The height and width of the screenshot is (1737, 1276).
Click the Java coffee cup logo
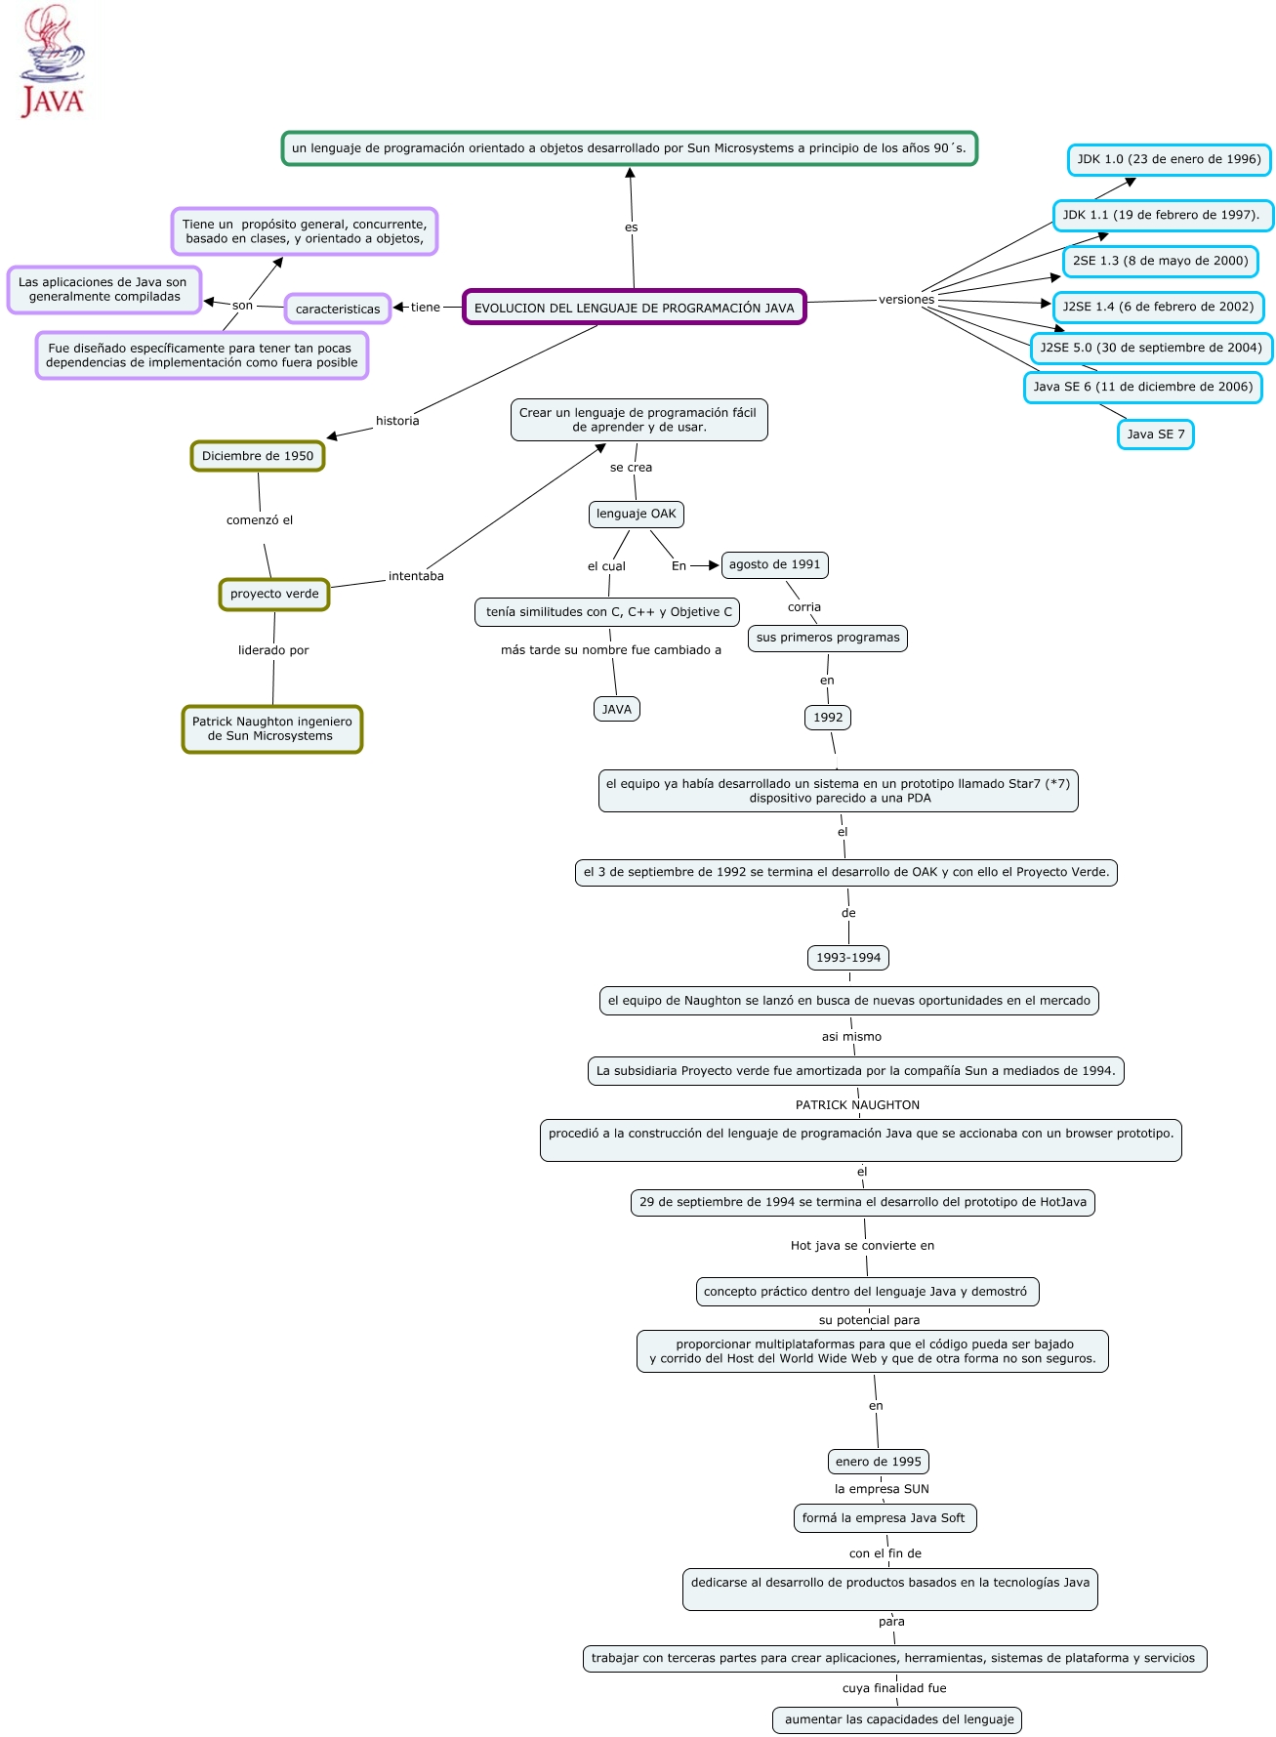(51, 60)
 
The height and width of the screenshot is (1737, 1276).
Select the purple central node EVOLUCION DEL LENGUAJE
(634, 308)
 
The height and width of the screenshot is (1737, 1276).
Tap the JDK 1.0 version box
(1169, 159)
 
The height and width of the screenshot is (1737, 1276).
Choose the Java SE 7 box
(1156, 434)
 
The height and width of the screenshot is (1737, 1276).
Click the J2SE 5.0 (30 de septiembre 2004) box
(1150, 348)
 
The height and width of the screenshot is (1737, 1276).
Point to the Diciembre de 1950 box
(258, 456)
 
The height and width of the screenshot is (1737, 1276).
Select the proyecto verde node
(274, 594)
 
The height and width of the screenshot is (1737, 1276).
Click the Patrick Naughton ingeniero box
(271, 729)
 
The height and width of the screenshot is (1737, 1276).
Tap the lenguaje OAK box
(636, 514)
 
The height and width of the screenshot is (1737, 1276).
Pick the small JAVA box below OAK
(616, 710)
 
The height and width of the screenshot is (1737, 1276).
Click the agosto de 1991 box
(774, 564)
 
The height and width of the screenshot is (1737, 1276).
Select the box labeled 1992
(828, 718)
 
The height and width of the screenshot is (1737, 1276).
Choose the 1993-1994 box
(848, 958)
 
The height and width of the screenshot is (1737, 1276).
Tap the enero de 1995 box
(878, 1462)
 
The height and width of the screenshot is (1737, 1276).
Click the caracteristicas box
(338, 310)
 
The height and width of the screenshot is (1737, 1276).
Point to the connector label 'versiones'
(906, 300)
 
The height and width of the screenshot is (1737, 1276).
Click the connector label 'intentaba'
(416, 576)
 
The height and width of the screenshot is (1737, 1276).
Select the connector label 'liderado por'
(273, 650)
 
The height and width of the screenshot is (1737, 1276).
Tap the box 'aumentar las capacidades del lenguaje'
(898, 1719)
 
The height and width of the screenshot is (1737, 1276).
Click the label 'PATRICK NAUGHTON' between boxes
(857, 1105)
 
